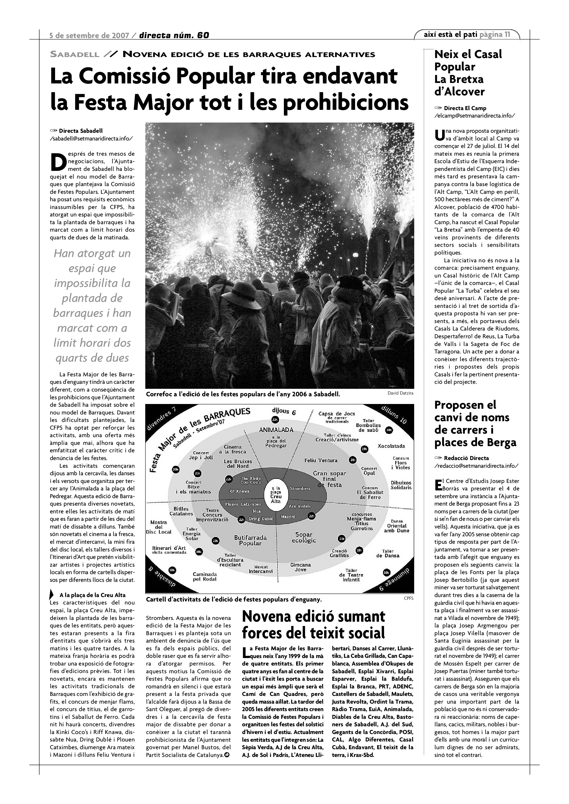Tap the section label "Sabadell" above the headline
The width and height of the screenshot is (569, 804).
coord(75,55)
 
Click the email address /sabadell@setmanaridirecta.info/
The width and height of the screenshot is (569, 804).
coord(91,138)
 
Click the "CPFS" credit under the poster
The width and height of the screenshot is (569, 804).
coord(408,599)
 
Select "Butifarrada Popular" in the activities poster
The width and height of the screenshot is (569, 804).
coord(250,540)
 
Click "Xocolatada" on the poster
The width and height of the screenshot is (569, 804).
coord(391,446)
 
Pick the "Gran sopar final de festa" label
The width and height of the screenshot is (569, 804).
coord(329,479)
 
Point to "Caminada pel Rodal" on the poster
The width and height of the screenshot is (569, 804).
coord(205,576)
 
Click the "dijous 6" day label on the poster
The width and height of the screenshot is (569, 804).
coord(284,412)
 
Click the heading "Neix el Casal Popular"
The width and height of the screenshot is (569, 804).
coord(468,60)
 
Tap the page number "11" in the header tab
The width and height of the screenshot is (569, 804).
coord(507,34)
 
